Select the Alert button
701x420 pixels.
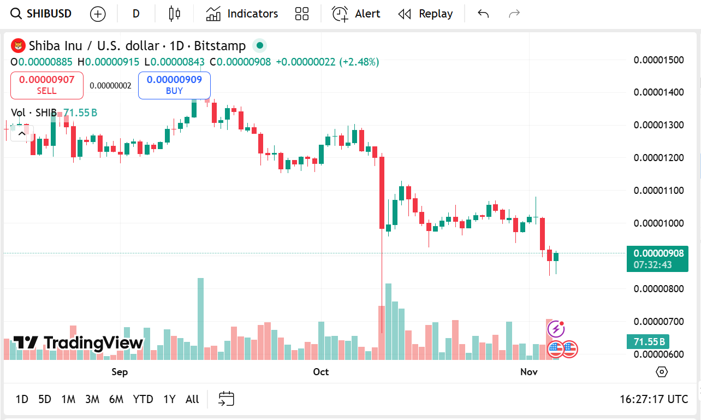357,14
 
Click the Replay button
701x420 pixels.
426,14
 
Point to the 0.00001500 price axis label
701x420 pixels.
658,60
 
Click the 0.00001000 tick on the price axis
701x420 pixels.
658,223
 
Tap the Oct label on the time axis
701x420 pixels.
321,372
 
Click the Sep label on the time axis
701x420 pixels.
120,372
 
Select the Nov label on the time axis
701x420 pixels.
528,372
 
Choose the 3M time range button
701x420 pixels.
92,399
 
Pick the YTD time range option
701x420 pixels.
143,399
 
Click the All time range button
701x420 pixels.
192,399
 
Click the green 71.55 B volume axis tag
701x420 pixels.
649,342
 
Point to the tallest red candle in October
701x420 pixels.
382,192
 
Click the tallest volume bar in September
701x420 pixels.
200,318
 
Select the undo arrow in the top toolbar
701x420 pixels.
483,14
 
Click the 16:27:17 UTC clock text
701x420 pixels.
654,399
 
